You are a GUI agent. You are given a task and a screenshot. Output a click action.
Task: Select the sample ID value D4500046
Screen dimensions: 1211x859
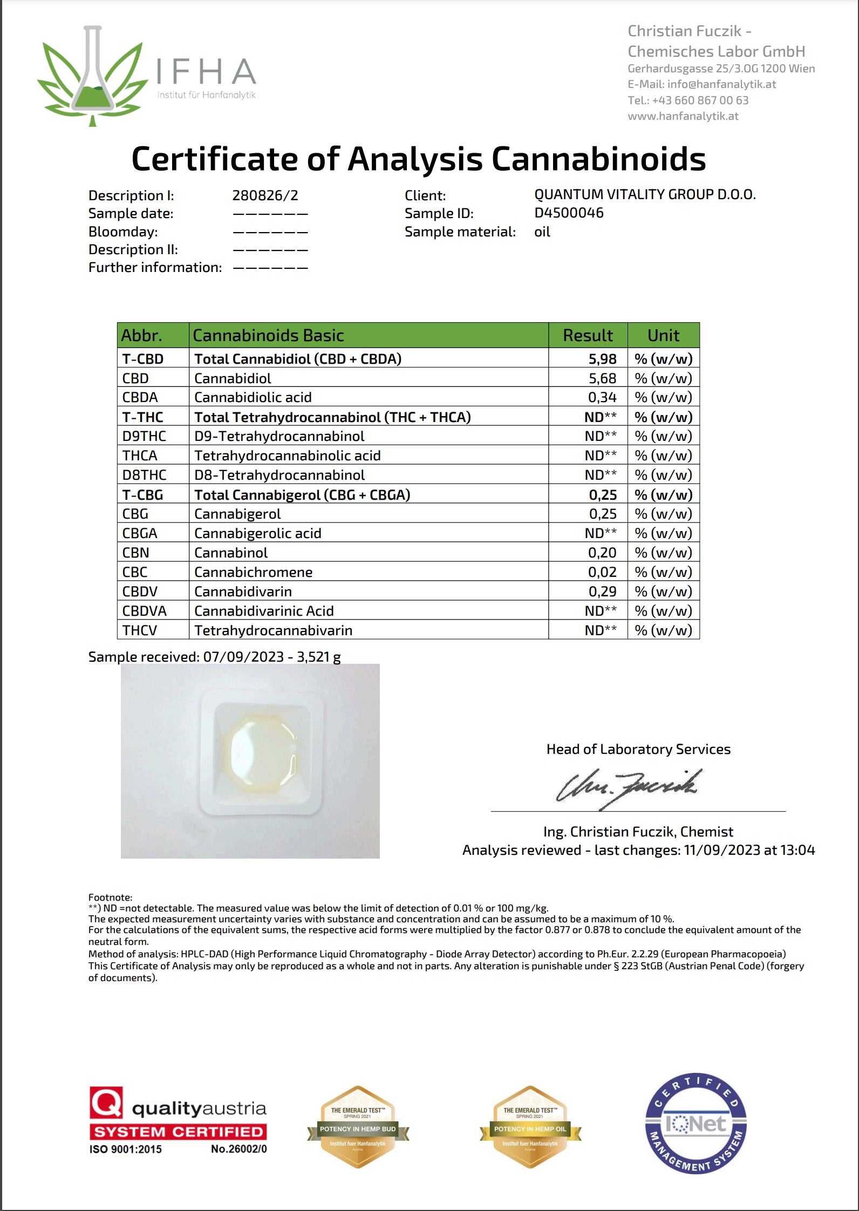point(569,213)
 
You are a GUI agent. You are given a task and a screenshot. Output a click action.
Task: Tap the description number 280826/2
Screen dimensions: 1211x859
point(265,195)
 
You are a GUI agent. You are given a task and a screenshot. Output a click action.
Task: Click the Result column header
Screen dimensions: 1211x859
point(588,336)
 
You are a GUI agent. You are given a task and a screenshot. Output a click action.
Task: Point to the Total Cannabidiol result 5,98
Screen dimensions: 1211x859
point(602,359)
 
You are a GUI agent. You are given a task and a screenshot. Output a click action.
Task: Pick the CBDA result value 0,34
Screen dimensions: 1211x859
point(602,398)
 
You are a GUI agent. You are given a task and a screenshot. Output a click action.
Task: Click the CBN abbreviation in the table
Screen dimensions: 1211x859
point(135,553)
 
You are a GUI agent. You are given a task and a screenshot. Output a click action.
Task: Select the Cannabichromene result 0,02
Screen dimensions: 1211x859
point(602,573)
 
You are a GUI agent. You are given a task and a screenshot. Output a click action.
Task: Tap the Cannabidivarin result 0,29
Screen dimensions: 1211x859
point(602,592)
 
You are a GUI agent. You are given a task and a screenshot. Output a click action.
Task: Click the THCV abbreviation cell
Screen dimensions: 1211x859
point(139,631)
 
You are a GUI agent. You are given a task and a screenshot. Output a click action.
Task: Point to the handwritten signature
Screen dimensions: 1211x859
point(629,787)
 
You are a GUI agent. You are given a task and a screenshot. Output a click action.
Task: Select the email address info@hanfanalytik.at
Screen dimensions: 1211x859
point(721,84)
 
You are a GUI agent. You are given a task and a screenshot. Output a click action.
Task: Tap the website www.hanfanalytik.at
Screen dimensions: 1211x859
point(683,116)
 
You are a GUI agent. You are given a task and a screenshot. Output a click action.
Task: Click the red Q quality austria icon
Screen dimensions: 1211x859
point(106,1102)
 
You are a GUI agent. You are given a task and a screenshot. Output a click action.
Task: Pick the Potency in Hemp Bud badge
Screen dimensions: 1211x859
point(358,1127)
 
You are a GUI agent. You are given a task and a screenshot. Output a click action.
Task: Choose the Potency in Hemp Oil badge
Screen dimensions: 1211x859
point(530,1127)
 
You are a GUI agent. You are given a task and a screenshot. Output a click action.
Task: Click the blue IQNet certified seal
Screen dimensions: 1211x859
point(696,1123)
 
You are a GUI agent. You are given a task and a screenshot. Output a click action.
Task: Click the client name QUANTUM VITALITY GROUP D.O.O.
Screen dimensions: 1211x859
point(645,195)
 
